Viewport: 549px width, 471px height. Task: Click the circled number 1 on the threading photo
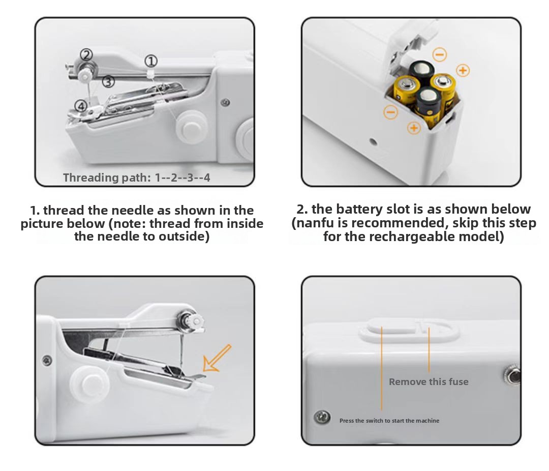[151, 62]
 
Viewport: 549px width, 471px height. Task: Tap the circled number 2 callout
[86, 54]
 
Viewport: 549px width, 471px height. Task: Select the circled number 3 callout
[109, 82]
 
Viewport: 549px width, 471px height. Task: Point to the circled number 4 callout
[81, 106]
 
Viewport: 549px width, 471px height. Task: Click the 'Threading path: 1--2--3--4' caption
[137, 178]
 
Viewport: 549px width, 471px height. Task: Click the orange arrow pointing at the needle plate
[217, 358]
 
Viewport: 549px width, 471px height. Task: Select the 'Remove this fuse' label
[429, 381]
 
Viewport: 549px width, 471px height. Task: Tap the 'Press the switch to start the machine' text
[389, 421]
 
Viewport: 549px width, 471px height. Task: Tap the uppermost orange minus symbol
[440, 54]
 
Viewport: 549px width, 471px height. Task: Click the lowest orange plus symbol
[414, 128]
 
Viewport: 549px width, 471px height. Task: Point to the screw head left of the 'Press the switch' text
[322, 417]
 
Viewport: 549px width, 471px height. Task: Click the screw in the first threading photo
[226, 102]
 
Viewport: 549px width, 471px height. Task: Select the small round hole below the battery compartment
[373, 142]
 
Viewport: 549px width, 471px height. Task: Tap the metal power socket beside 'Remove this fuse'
[512, 375]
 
